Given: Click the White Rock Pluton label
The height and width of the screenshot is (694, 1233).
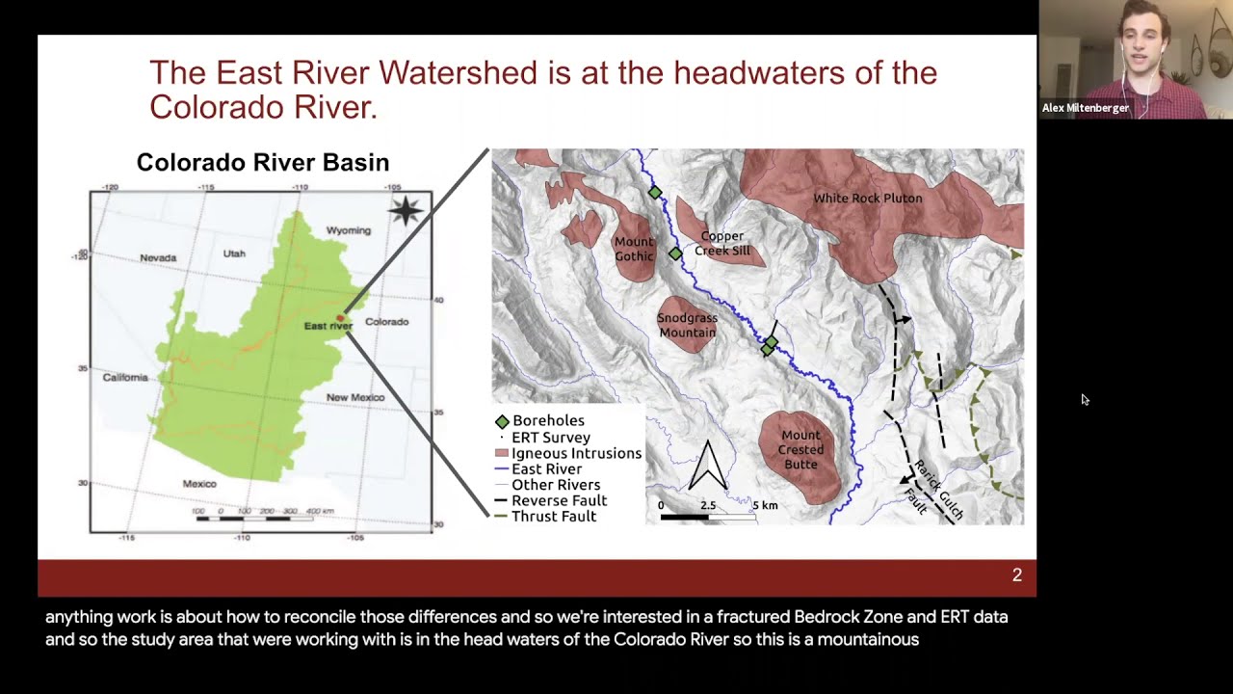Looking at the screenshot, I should tap(867, 199).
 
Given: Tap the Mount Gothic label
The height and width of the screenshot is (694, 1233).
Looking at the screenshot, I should tap(634, 249).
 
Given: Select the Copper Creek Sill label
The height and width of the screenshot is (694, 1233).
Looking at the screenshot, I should tap(721, 243).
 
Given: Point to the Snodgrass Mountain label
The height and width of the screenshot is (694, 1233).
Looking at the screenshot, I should tap(687, 325).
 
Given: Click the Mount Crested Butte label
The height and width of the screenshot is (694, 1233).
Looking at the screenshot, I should tap(800, 449).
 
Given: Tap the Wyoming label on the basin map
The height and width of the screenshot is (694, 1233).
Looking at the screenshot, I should tap(348, 230).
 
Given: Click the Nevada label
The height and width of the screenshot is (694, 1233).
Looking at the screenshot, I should tap(158, 258).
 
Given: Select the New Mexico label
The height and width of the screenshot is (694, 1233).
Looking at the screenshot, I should tap(354, 397).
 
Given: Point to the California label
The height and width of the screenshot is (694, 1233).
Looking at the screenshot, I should tap(125, 377).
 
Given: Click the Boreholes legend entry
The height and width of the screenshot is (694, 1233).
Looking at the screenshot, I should tap(547, 421).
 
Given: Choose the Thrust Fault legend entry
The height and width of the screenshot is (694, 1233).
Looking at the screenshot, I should tap(553, 517).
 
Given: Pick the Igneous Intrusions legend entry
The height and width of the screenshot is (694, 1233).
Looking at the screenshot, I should tap(575, 453).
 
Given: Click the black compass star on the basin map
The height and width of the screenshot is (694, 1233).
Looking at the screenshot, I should tap(406, 210).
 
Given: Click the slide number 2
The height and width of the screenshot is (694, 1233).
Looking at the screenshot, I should tap(1016, 575).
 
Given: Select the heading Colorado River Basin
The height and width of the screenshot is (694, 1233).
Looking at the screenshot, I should tap(262, 162).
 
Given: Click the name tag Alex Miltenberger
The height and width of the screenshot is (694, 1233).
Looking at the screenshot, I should tap(1085, 108).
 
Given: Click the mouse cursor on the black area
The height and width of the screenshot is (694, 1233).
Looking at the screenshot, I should tap(1085, 400).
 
